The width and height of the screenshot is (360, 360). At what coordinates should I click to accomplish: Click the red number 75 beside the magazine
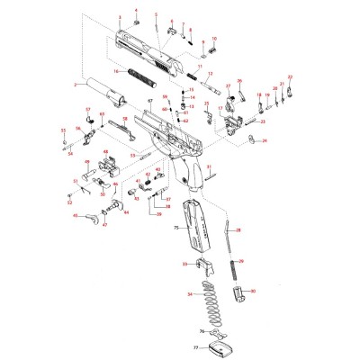[x=175, y=229]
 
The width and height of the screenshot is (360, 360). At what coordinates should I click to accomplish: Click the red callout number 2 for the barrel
[x=76, y=85]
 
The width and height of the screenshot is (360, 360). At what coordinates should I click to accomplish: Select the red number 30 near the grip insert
[x=253, y=292]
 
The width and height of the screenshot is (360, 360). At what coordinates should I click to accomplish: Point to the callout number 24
[x=264, y=140]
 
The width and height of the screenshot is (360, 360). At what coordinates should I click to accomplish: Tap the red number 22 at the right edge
[x=290, y=78]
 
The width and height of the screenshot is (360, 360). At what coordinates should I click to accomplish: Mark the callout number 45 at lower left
[x=90, y=217]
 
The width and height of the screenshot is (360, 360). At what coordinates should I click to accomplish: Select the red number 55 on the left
[x=64, y=131]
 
